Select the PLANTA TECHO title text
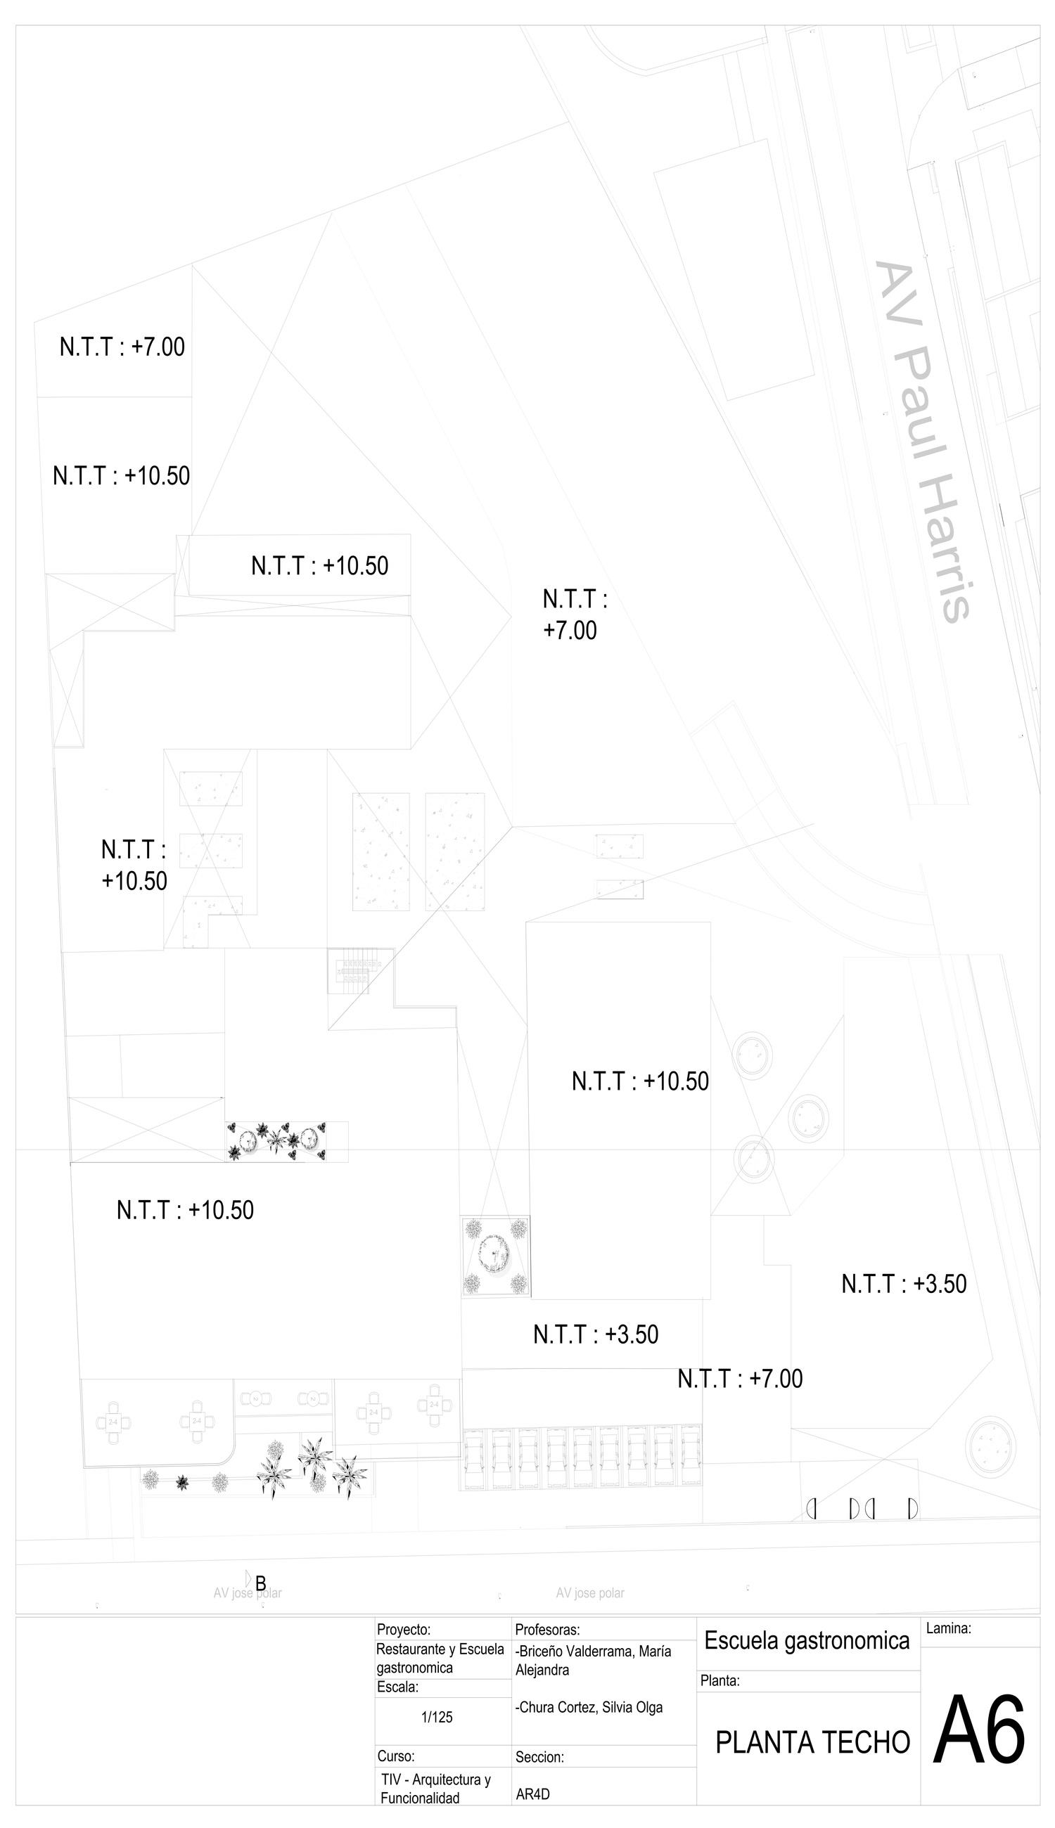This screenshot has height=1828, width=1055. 812,1742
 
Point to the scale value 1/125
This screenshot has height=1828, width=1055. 437,1717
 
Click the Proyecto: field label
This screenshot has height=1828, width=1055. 404,1630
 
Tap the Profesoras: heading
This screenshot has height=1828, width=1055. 547,1630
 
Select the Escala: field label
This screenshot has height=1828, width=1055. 398,1687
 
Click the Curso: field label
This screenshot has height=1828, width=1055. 395,1756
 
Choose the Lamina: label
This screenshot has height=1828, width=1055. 948,1628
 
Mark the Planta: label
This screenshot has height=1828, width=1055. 720,1681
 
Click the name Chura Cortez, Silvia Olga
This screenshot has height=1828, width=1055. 589,1707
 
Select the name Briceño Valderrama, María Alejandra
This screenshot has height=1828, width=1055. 593,1660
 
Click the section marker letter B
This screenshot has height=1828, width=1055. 261,1583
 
